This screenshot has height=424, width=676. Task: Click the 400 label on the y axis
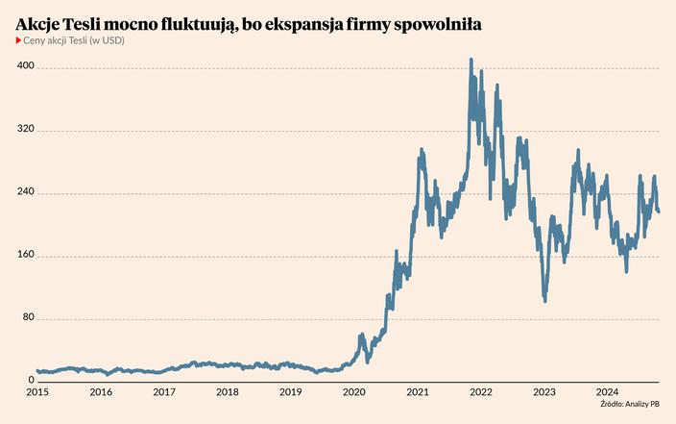(26, 66)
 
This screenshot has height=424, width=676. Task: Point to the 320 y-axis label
(26, 129)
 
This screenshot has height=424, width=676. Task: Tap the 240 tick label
(26, 192)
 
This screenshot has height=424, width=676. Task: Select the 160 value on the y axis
(26, 255)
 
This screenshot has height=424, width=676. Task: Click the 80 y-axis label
(28, 318)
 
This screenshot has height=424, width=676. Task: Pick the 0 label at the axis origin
(31, 381)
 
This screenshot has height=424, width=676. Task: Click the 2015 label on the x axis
(37, 392)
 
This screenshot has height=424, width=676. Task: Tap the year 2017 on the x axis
(164, 392)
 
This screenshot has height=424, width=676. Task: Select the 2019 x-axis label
(291, 392)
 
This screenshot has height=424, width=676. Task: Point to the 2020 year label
(354, 392)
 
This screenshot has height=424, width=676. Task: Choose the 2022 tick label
(481, 392)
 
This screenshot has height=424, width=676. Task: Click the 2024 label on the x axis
(607, 392)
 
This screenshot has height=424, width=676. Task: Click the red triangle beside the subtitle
(18, 40)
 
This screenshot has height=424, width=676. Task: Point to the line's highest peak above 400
(471, 60)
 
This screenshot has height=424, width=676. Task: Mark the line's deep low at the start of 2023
(544, 300)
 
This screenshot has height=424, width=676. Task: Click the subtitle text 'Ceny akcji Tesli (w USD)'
(74, 40)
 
